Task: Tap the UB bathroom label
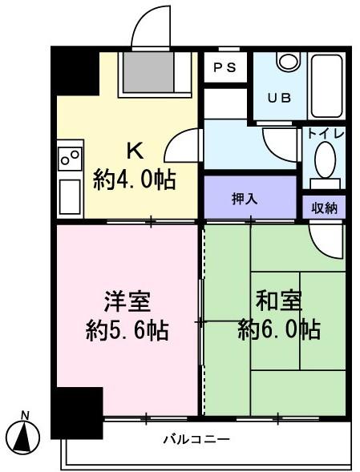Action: tap(277, 98)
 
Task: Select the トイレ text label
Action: tap(324, 135)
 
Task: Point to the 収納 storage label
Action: tap(324, 208)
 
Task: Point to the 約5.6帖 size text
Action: tap(127, 329)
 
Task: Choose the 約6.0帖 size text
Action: tap(278, 329)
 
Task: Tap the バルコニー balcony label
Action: tap(196, 439)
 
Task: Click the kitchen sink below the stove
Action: tap(70, 194)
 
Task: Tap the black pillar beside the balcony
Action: tap(77, 412)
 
